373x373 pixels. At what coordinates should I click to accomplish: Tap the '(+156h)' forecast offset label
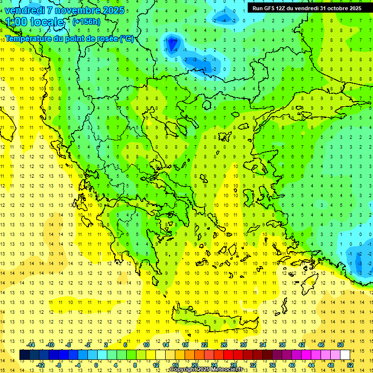click(x=86, y=21)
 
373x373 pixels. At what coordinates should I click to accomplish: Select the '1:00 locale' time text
click(x=34, y=22)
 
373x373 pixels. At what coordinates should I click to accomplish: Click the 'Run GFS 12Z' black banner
click(x=306, y=8)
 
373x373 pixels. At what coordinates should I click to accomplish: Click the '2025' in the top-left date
click(x=113, y=10)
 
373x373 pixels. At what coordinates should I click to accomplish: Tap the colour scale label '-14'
click(x=31, y=345)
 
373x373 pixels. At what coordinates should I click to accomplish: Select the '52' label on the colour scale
click(x=350, y=365)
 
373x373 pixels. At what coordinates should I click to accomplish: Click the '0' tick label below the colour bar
click(x=96, y=365)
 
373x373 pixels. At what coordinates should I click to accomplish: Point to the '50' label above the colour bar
click(x=340, y=345)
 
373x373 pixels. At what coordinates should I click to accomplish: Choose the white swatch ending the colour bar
click(x=345, y=355)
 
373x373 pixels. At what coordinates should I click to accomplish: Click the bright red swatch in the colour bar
click(x=229, y=355)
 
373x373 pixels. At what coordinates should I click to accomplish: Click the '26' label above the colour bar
click(x=224, y=345)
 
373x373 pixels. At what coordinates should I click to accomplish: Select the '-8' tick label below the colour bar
click(x=59, y=365)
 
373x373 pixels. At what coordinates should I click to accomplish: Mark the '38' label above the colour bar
click(x=282, y=345)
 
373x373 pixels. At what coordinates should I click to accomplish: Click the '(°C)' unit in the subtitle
click(x=127, y=38)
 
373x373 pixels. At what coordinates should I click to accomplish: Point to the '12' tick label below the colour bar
click(x=156, y=365)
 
